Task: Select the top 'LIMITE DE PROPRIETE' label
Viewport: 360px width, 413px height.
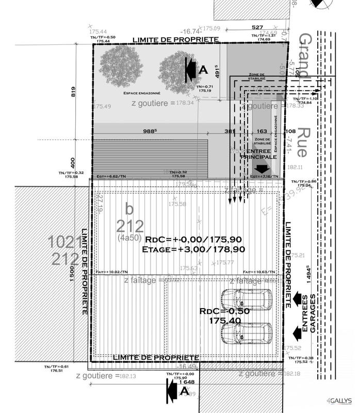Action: (175, 40)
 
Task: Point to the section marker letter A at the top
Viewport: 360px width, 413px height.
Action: (203, 69)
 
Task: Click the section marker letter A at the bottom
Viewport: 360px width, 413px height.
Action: (184, 391)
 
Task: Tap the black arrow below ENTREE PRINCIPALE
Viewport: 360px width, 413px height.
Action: (261, 168)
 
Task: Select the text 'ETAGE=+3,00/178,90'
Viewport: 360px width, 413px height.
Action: (193, 249)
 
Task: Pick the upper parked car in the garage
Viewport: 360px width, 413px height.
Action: (246, 299)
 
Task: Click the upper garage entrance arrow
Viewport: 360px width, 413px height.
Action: (297, 298)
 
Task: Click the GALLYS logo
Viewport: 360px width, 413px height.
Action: (341, 401)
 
